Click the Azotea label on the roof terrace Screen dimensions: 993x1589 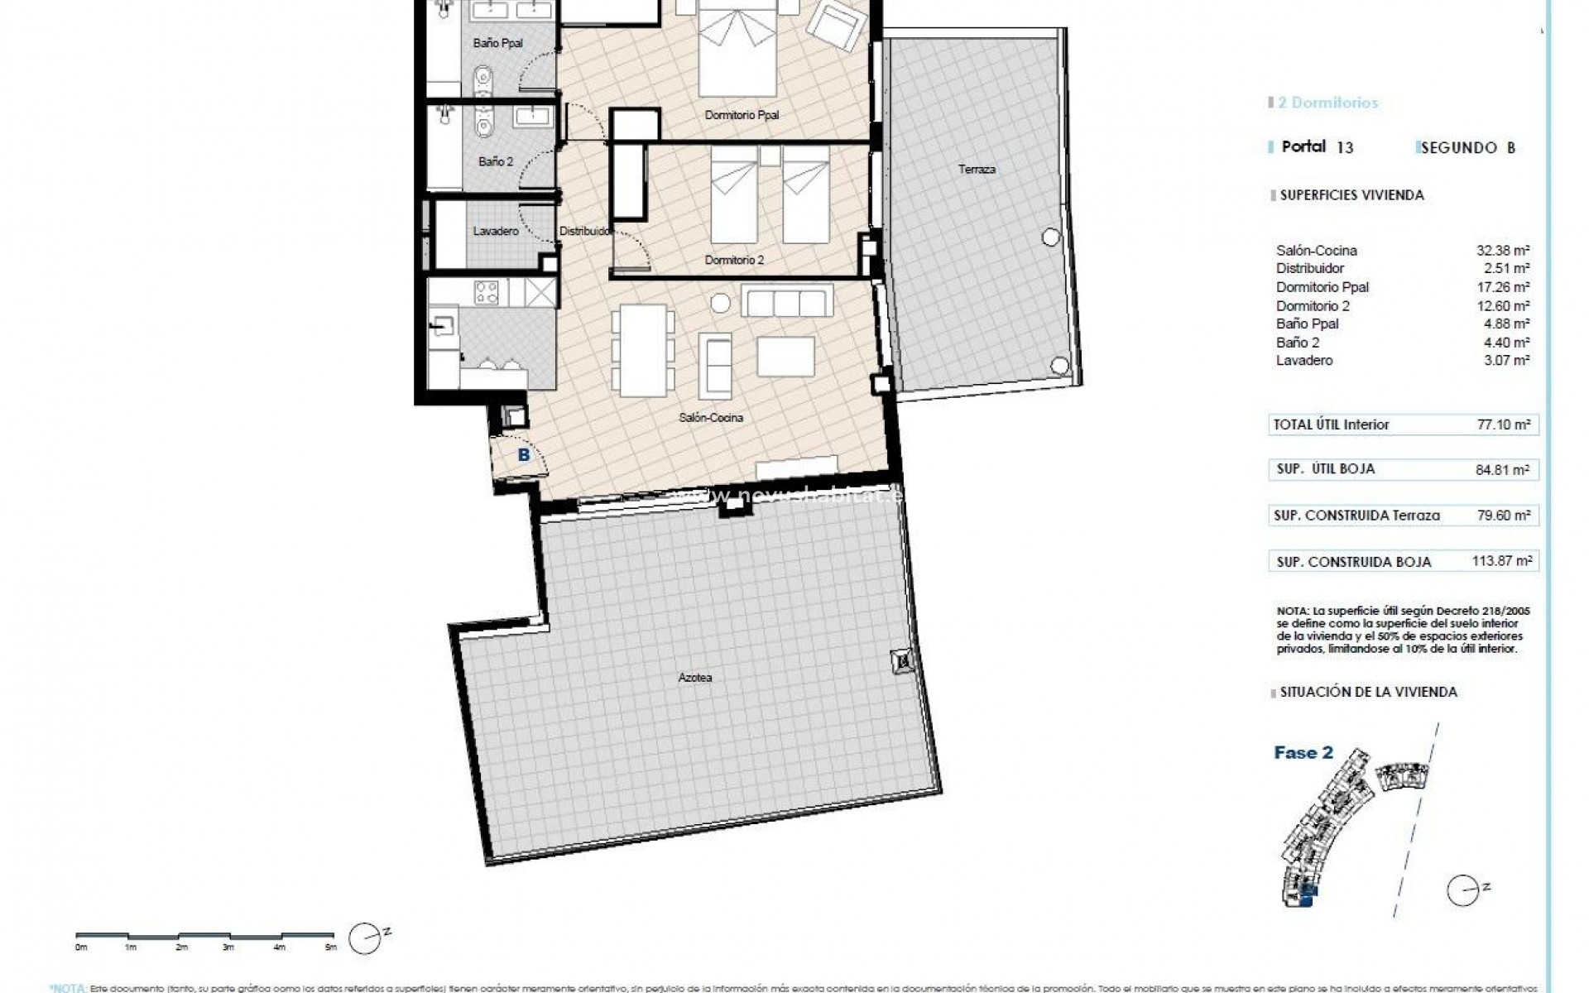[x=695, y=678]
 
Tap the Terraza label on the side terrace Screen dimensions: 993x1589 [x=977, y=169]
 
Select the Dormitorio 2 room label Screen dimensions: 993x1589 [x=734, y=260]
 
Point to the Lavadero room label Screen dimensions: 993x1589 [x=496, y=232]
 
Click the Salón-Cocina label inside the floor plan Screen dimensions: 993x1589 [x=711, y=418]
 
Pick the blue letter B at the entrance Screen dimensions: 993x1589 [x=523, y=454]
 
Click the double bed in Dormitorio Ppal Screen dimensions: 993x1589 [x=739, y=50]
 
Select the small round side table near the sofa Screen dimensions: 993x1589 [x=721, y=304]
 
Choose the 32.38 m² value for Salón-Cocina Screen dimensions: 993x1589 [x=1507, y=250]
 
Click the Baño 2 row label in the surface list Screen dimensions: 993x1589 [x=1298, y=342]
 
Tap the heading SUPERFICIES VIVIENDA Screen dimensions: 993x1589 [x=1351, y=195]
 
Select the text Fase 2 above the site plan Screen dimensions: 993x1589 [x=1303, y=752]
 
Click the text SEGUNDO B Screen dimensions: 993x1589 [x=1467, y=148]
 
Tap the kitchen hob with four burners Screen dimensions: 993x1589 [x=487, y=291]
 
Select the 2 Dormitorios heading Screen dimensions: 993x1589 [x=1327, y=103]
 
